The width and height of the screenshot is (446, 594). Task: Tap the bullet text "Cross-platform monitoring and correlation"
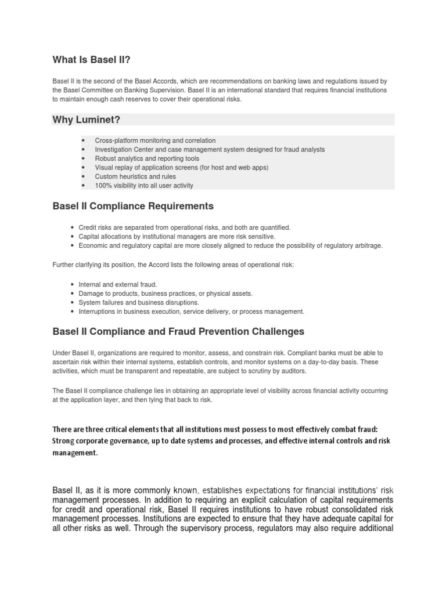point(156,140)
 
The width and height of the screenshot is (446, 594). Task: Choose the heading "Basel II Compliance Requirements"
point(133,206)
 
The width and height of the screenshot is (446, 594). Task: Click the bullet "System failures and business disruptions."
point(138,302)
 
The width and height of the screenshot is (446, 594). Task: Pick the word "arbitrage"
point(369,245)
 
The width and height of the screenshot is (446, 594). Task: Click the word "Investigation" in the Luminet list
point(120,150)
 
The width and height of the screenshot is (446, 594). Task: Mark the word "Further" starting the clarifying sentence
point(63,265)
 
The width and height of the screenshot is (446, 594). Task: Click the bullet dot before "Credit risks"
point(71,228)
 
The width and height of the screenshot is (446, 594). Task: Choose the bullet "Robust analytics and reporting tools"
point(149,158)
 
